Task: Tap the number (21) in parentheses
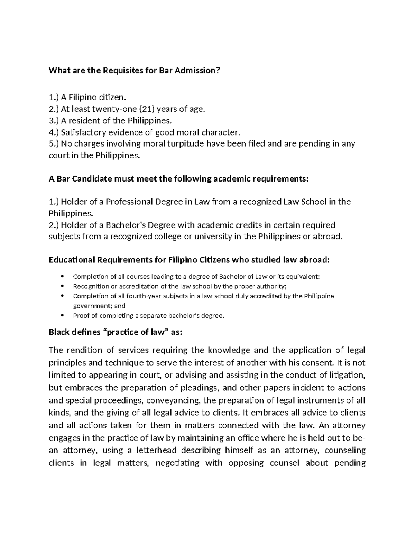tap(146, 110)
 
